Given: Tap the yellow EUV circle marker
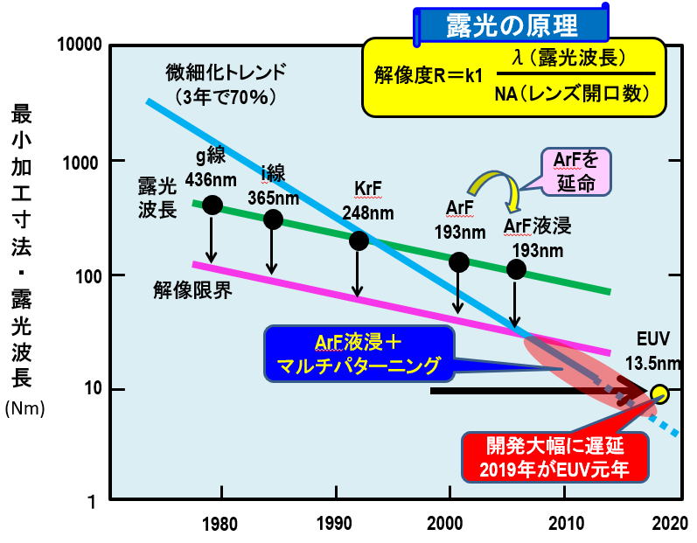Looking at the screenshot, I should [659, 392].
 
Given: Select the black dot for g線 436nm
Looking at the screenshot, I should [212, 205].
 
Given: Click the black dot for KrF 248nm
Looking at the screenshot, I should [359, 240].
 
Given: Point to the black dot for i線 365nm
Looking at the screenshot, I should [273, 219].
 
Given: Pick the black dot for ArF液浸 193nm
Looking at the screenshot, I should [517, 268].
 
